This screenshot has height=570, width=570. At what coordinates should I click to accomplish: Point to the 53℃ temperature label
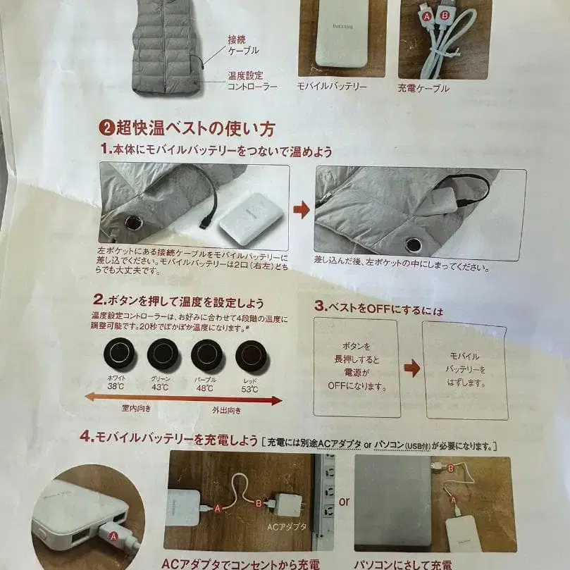[250, 389]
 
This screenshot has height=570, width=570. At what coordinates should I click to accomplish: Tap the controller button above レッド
[252, 356]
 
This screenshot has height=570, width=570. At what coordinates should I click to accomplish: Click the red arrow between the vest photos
[302, 210]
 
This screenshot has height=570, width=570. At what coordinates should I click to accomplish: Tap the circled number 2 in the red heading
[106, 128]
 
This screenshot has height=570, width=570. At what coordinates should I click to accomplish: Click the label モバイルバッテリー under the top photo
[332, 86]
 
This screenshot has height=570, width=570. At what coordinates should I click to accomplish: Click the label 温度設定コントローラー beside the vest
[252, 80]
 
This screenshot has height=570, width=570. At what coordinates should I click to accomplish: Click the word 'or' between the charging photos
[344, 502]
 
